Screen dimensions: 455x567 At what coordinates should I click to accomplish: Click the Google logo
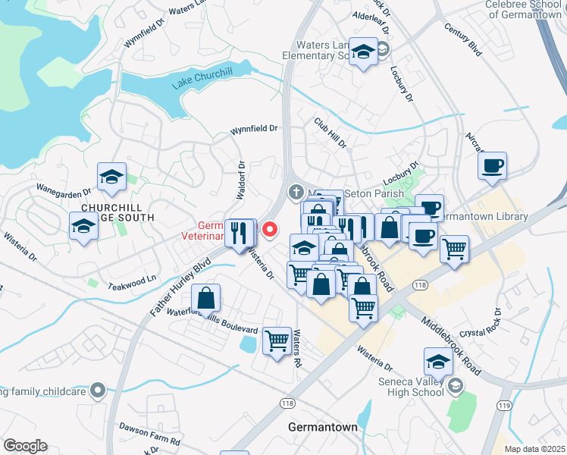(x=25, y=446)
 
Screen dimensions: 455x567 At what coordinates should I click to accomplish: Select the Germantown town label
(x=322, y=427)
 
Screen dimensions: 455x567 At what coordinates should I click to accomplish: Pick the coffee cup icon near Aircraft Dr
(x=492, y=166)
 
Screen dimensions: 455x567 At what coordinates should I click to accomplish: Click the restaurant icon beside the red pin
(x=240, y=232)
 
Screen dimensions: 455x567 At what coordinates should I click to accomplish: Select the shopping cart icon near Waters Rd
(x=277, y=340)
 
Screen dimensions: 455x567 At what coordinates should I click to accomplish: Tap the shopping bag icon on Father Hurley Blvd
(x=205, y=299)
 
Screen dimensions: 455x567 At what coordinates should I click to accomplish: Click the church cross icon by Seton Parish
(x=296, y=193)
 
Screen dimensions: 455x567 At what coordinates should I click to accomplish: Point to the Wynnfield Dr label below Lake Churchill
(x=254, y=130)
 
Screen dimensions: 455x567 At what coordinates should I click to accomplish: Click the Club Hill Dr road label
(x=330, y=133)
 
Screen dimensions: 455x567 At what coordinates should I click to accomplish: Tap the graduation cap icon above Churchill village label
(x=112, y=177)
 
